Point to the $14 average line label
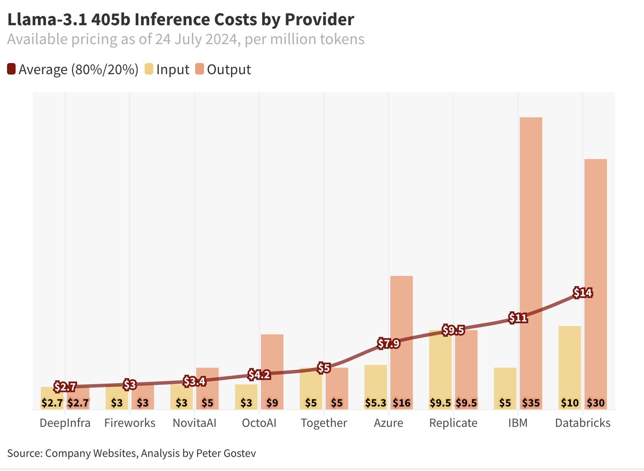pyautogui.click(x=582, y=293)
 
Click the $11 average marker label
pyautogui.click(x=518, y=318)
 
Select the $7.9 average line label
pyautogui.click(x=388, y=343)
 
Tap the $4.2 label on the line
pyautogui.click(x=259, y=375)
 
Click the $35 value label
pyautogui.click(x=531, y=403)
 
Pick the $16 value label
pyautogui.click(x=401, y=403)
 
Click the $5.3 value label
pyautogui.click(x=375, y=403)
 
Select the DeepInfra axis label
pyautogui.click(x=65, y=423)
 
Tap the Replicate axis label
pyautogui.click(x=453, y=423)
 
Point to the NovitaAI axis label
pyautogui.click(x=194, y=423)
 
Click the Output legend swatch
pyautogui.click(x=200, y=69)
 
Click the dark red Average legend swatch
pyautogui.click(x=11, y=69)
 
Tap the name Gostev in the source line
pyautogui.click(x=241, y=453)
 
